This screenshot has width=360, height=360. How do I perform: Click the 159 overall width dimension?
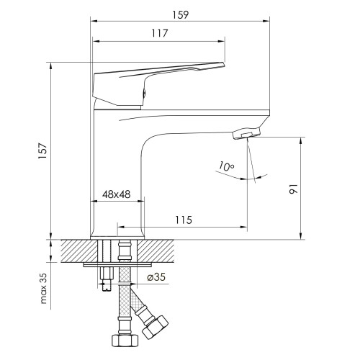click(181, 15)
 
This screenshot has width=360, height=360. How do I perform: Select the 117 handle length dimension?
click(159, 33)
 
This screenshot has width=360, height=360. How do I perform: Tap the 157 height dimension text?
click(42, 150)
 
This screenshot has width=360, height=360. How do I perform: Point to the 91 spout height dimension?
click(293, 189)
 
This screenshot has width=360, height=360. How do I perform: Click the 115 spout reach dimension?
click(184, 220)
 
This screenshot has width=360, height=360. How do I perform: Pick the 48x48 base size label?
click(117, 194)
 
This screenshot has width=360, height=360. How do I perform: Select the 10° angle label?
click(226, 166)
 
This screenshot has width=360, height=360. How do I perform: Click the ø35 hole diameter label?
click(156, 277)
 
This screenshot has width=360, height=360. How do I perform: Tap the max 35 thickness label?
click(43, 289)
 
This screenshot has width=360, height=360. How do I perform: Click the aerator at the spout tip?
click(246, 133)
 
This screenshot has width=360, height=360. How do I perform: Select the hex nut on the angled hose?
click(155, 328)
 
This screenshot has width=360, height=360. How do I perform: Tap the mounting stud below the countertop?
click(107, 279)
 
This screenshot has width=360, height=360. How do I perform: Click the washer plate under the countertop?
click(118, 265)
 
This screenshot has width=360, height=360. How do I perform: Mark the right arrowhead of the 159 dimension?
click(266, 22)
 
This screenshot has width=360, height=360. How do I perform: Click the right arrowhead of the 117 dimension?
click(221, 42)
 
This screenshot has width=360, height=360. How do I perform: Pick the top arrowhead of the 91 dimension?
click(301, 141)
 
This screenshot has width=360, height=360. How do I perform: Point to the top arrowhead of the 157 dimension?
click(50, 66)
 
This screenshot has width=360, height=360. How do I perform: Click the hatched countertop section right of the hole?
click(156, 251)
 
